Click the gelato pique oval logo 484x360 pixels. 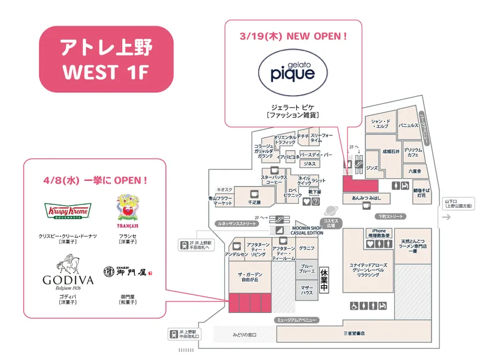click(x=293, y=74)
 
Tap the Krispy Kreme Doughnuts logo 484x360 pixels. click(x=67, y=211)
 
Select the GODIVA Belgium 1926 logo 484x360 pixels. click(x=67, y=274)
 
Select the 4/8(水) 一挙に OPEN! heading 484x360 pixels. click(x=96, y=180)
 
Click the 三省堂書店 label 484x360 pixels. click(x=354, y=333)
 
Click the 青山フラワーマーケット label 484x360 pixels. click(x=220, y=201)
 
